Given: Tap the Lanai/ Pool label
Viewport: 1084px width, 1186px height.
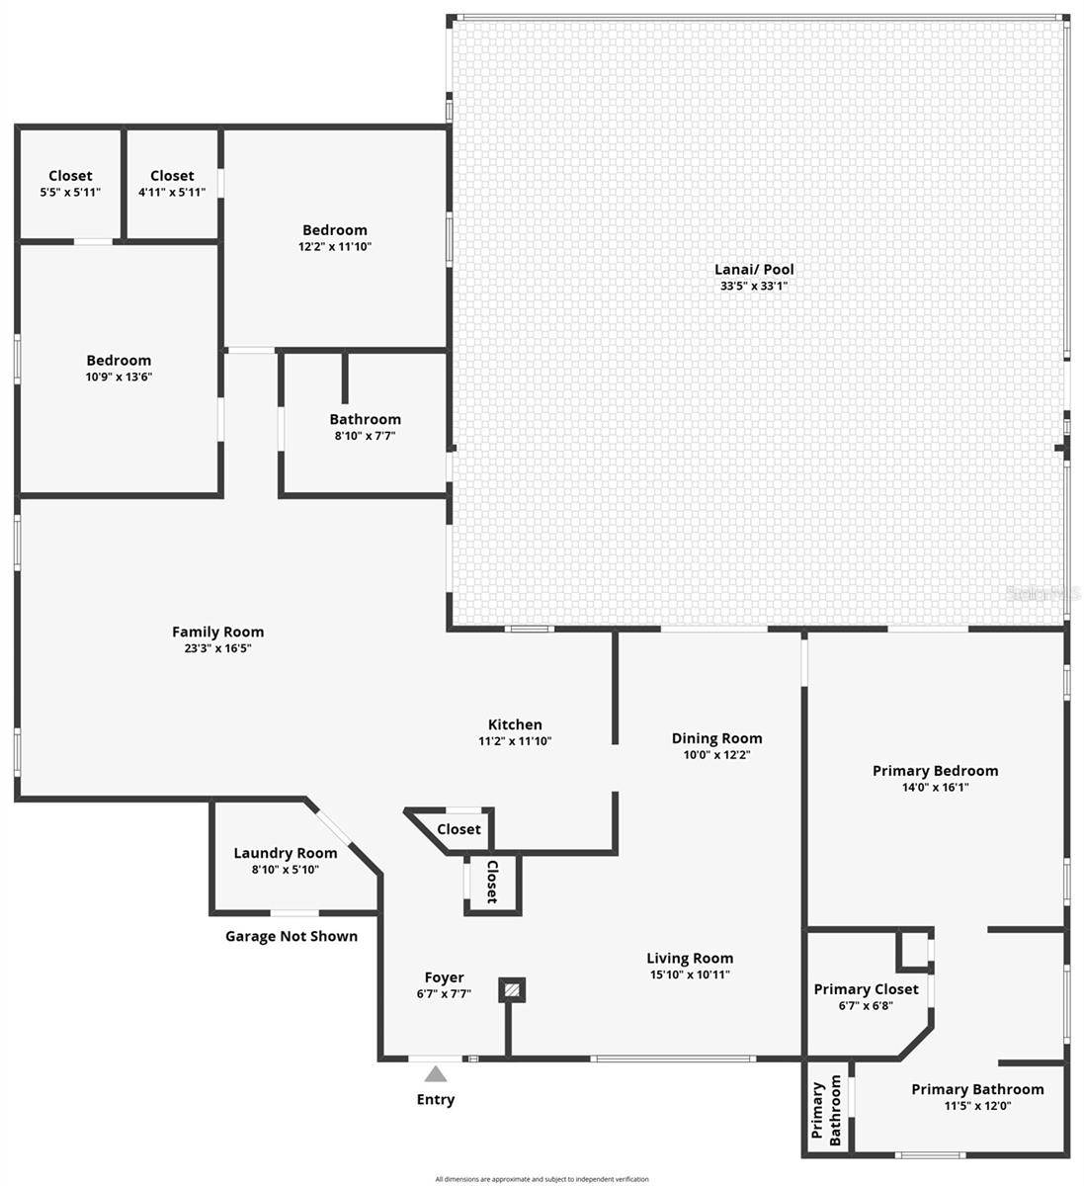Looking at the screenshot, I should coord(754,269).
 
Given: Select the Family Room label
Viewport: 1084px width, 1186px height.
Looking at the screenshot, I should coord(217,632).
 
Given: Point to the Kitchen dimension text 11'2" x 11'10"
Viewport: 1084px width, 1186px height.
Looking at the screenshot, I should coord(514,740).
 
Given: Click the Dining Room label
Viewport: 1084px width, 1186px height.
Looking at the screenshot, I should coord(716,738).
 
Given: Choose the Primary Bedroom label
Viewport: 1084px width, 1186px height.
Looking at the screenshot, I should coord(935,771).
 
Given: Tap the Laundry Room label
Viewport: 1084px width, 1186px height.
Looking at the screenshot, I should coord(285,853).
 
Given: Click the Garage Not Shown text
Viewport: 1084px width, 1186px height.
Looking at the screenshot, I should coord(292,936).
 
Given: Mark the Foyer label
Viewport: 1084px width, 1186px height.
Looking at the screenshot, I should coord(444,977).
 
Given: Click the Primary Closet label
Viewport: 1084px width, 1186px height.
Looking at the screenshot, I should coord(866,989).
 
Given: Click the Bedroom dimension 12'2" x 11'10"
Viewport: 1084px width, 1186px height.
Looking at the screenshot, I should coord(334,246).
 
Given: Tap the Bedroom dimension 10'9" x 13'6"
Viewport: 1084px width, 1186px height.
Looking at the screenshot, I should coord(119,377).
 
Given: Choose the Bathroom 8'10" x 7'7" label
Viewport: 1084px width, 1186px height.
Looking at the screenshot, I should coord(365,419).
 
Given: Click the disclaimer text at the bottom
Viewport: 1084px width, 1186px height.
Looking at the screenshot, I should coord(542,1179).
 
